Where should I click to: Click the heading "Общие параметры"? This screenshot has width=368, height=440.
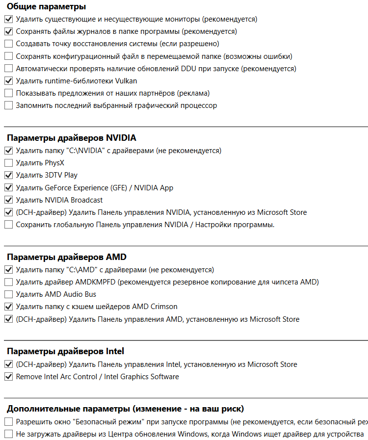(46, 7)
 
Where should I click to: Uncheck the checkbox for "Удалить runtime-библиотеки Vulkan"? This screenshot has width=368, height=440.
(8, 81)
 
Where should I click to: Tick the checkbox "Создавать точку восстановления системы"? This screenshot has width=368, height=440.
(8, 44)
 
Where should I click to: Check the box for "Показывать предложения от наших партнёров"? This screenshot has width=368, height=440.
(8, 93)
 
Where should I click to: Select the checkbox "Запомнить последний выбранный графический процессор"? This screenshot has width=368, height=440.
(8, 105)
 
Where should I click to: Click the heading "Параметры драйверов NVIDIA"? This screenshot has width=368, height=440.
(71, 138)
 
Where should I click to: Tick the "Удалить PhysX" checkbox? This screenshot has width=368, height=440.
(8, 163)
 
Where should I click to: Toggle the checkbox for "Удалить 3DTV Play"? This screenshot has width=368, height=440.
(8, 175)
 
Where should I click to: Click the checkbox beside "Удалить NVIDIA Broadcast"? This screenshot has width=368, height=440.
(8, 200)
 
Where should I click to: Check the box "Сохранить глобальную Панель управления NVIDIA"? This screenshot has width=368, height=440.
(8, 225)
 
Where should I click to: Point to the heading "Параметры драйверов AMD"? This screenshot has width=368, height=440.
(66, 257)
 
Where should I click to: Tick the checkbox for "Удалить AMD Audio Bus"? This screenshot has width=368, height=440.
(8, 294)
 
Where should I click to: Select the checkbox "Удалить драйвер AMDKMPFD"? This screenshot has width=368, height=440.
(8, 282)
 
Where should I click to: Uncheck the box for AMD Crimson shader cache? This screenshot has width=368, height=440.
(8, 307)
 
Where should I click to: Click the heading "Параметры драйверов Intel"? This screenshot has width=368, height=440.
(65, 351)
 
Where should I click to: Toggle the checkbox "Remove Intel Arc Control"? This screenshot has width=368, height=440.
(8, 377)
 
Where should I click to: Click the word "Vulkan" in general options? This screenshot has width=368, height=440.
(126, 81)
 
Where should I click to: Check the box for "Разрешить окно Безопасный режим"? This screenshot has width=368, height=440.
(8, 422)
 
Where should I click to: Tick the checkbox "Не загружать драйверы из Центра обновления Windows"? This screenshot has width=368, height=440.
(8, 434)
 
